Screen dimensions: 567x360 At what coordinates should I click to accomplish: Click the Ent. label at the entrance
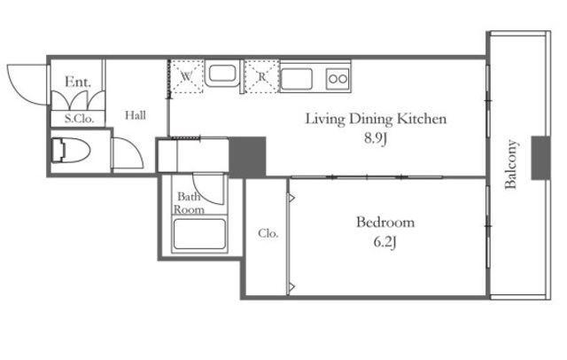point(77,82)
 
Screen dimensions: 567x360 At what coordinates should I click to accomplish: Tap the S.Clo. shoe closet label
point(79,119)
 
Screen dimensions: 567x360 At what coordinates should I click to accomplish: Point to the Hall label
point(136,115)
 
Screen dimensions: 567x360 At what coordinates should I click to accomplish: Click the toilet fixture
point(71,150)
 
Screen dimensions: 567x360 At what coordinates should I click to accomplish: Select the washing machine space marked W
point(187,76)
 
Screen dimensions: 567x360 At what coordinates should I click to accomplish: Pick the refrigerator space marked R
point(262,76)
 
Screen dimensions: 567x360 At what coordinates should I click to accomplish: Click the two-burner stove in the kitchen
point(338,79)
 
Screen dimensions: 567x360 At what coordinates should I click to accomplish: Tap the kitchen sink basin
point(297,79)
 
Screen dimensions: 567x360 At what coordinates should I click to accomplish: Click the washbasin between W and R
point(222,74)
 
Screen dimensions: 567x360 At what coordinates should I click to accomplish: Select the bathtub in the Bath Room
point(199,234)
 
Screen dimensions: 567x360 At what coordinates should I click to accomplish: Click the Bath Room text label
point(189,203)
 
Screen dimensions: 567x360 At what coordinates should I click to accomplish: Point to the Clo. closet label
point(268,233)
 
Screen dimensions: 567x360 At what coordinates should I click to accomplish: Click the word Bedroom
point(385,222)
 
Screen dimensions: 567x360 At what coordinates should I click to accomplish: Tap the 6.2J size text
point(384,242)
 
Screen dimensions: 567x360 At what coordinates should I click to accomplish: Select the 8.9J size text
point(376,138)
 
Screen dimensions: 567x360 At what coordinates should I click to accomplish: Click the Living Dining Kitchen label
point(376,119)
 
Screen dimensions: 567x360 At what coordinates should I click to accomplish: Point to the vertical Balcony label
point(510,164)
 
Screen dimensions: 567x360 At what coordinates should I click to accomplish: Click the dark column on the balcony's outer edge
point(540,158)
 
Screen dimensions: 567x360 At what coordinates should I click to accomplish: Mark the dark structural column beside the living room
point(248,157)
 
